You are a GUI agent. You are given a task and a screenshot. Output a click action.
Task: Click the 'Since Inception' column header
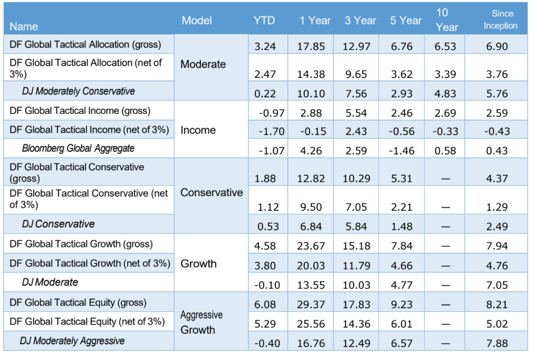[500, 19]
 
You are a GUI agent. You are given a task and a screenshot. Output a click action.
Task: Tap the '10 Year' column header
[447, 19]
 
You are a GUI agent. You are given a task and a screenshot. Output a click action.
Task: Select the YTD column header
[264, 21]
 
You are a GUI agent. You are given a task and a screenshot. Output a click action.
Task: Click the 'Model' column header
[197, 21]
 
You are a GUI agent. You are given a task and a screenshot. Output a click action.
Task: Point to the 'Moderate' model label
[203, 64]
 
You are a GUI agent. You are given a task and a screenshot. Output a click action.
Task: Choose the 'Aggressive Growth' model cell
[201, 322]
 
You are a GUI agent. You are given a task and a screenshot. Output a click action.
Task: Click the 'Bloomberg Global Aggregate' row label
[78, 149]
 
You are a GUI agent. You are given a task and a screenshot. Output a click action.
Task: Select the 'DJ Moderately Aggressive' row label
[73, 341]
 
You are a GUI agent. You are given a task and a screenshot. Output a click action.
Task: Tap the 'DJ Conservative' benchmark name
[58, 224]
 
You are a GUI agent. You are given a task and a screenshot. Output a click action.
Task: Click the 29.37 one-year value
[311, 305]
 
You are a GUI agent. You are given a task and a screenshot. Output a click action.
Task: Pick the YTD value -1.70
[272, 131]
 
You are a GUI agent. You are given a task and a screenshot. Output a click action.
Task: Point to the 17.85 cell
[311, 46]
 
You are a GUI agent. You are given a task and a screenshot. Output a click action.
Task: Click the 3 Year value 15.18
[356, 245]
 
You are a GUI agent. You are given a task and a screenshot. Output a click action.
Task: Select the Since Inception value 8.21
[497, 305]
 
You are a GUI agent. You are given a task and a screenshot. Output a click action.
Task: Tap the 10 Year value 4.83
[445, 93]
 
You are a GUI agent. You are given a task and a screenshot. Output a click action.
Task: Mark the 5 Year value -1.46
[402, 150]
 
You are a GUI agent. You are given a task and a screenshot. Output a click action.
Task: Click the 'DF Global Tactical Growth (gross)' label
[81, 244]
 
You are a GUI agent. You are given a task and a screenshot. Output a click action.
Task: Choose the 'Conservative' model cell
[211, 192]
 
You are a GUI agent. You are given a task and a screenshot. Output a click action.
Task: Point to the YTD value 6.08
[265, 305]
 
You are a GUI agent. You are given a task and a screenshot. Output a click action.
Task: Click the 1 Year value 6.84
[311, 226]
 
